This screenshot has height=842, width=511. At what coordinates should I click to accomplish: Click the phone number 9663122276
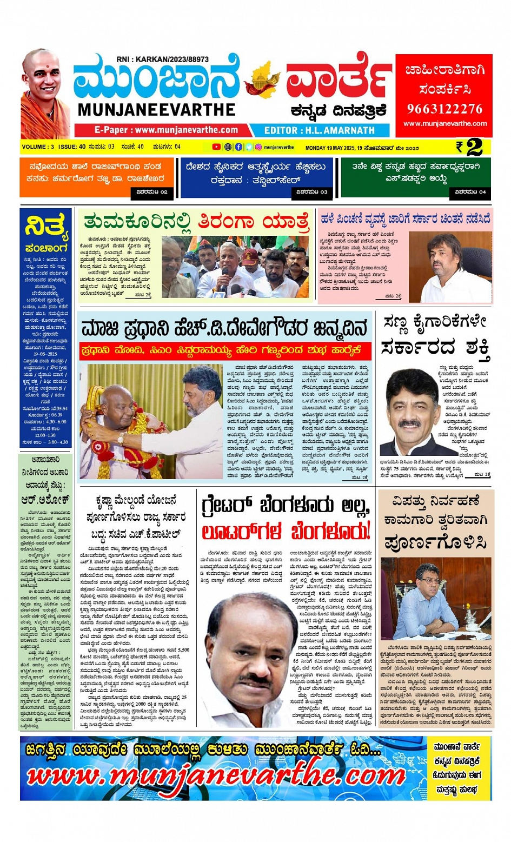tap(444, 109)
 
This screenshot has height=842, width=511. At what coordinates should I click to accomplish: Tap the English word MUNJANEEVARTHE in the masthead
tap(156, 110)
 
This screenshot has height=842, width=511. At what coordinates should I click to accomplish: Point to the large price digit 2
tap(474, 147)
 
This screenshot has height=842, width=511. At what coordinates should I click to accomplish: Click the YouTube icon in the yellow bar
tap(216, 147)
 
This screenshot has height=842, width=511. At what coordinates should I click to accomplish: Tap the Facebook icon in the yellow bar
tap(238, 147)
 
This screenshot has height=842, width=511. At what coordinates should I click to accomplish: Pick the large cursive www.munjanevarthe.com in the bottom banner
tap(216, 776)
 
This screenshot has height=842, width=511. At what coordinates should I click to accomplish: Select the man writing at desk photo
tap(435, 600)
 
